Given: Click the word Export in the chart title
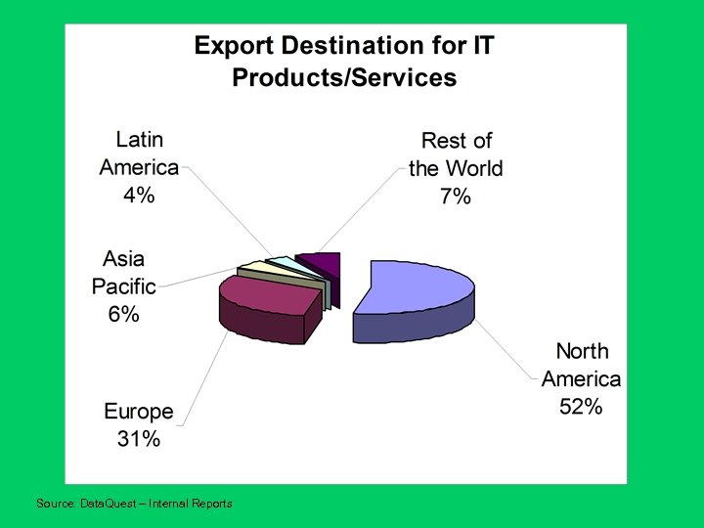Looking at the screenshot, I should tap(230, 46).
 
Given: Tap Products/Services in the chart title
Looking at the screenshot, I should tap(344, 78).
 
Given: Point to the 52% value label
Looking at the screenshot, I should tap(581, 407).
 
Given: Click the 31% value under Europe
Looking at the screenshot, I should tap(138, 439).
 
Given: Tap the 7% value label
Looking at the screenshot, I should tap(455, 197).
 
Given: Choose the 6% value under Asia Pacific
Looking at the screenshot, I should tap(123, 315).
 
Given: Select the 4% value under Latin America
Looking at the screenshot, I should tap(138, 195).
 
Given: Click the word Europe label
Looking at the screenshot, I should tap(139, 412).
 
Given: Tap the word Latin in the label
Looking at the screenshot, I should tap(139, 139).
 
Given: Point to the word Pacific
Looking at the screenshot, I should tap(124, 287).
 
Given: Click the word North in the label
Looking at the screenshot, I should tap(582, 351).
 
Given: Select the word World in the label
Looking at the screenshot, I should tap(473, 168).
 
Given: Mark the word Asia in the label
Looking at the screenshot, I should tap(124, 259).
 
